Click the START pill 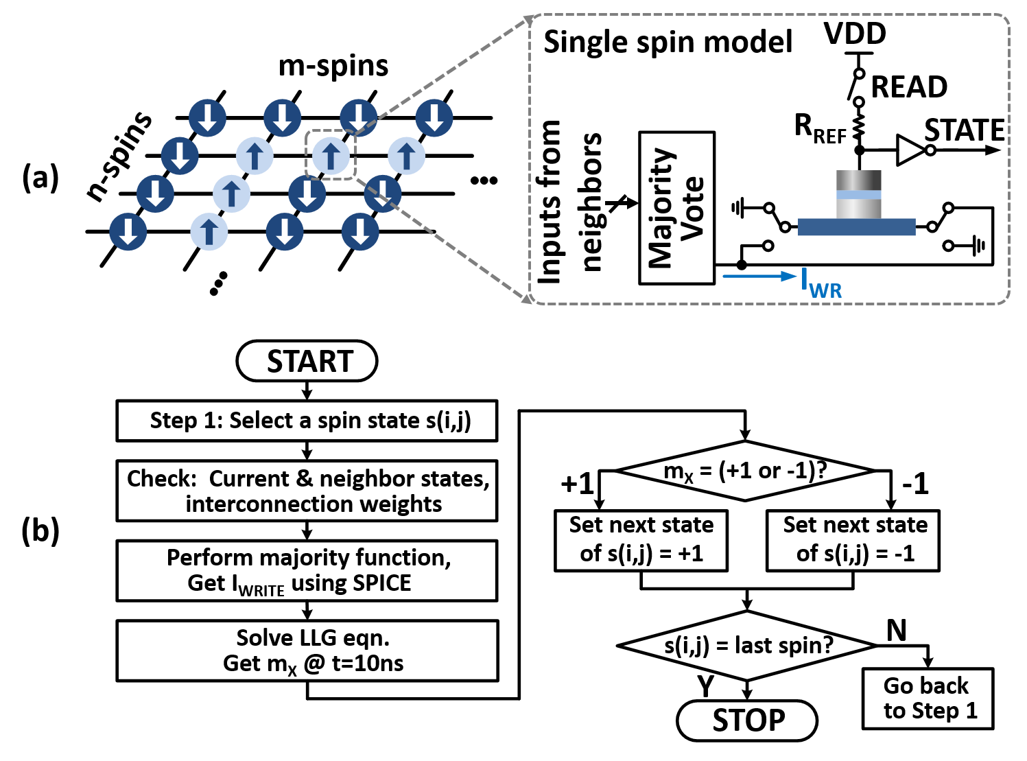click(x=307, y=361)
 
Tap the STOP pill click(x=747, y=721)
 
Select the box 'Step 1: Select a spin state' click(x=307, y=421)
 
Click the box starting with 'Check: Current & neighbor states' click(x=307, y=491)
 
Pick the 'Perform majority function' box click(x=307, y=570)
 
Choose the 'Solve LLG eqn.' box click(x=307, y=651)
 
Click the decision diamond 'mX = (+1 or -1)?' click(x=745, y=471)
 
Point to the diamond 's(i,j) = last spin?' click(x=747, y=646)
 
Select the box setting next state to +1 click(x=641, y=540)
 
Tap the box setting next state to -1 click(x=853, y=540)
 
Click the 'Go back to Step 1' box click(x=928, y=699)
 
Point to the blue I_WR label click(x=821, y=283)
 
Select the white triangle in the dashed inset click(x=909, y=150)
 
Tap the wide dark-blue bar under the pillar click(x=856, y=227)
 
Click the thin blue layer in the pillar click(x=859, y=195)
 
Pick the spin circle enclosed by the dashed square click(x=331, y=156)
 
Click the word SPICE click(x=381, y=583)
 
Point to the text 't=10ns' click(x=368, y=664)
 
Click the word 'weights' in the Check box click(x=401, y=504)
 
